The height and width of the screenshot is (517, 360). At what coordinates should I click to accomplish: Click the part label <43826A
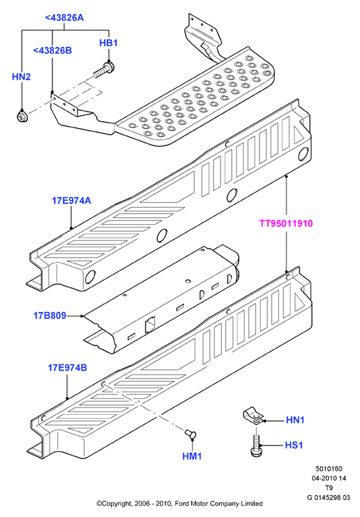pos(64,18)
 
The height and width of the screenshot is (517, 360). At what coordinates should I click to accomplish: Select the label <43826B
pos(52,50)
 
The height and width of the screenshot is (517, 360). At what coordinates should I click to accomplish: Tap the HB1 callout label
pos(108,43)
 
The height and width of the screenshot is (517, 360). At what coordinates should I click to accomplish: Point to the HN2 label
pos(21,77)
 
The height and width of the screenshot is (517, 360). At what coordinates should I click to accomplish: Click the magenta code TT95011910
pos(286,223)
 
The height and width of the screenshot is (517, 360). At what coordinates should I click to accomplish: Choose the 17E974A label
pos(71,200)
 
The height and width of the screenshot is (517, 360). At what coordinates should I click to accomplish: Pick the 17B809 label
pos(50,315)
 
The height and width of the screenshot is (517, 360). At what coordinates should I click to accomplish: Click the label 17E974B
pos(67,367)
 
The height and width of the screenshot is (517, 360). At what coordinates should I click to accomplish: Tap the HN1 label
pos(295,420)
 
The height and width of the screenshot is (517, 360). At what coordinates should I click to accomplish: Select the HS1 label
pos(294,445)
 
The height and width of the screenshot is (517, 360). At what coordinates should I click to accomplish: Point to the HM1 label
pos(192,456)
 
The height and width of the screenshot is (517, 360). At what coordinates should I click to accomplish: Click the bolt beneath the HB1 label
pos(104,69)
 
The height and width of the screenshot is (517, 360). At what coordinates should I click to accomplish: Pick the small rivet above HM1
pos(190,434)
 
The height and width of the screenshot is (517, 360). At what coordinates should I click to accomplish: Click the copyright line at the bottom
pos(180,503)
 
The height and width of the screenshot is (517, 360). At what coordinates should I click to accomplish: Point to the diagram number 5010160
pos(329,469)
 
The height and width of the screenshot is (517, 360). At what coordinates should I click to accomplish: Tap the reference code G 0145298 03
pos(329,497)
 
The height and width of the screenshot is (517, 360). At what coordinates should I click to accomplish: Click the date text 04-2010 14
pos(329,478)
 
